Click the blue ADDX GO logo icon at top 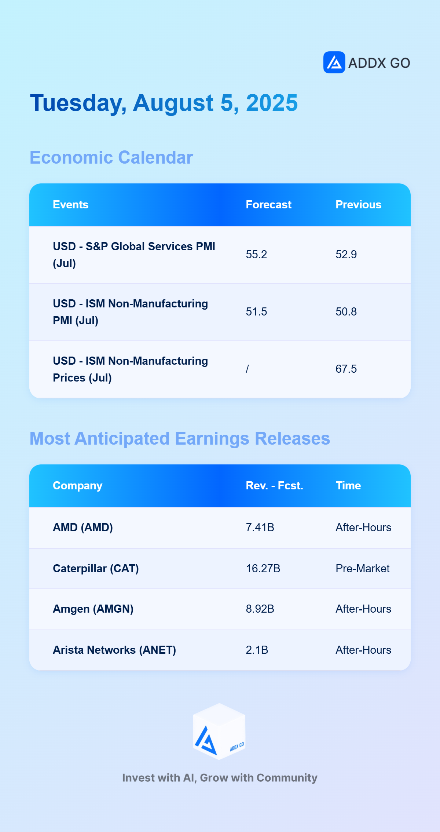(x=334, y=62)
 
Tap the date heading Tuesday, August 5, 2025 (x=164, y=103)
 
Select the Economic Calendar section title (x=111, y=157)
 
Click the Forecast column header (x=268, y=205)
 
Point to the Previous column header (x=358, y=205)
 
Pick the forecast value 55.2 (x=256, y=255)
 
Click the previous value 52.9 (x=346, y=255)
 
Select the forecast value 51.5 (x=256, y=312)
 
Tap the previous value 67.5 (x=346, y=369)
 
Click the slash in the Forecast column (x=247, y=369)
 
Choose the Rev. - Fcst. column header (x=274, y=486)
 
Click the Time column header (x=348, y=486)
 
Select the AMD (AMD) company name (x=83, y=528)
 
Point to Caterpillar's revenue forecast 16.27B (x=263, y=569)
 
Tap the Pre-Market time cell (x=363, y=569)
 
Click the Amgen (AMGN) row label (x=93, y=609)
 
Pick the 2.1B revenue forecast (x=257, y=650)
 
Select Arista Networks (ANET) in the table (x=114, y=650)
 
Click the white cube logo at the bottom (x=219, y=731)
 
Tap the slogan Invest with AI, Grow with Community (x=220, y=778)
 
